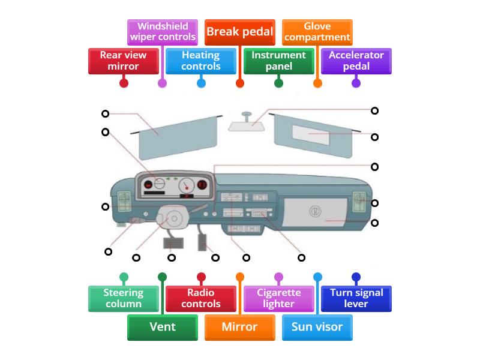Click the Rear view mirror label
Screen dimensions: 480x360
pyautogui.click(x=124, y=61)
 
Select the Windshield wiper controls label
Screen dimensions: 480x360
pyautogui.click(x=163, y=32)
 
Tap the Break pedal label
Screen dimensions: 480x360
pyautogui.click(x=239, y=32)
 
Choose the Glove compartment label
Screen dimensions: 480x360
pyautogui.click(x=317, y=32)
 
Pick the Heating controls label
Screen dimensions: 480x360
pyautogui.click(x=201, y=61)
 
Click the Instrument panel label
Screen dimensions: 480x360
pyautogui.click(x=278, y=61)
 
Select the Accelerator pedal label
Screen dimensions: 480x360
pyautogui.click(x=356, y=61)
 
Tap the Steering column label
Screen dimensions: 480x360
pyautogui.click(x=124, y=298)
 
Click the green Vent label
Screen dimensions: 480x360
pyautogui.click(x=163, y=327)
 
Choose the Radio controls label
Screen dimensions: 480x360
pyautogui.click(x=201, y=298)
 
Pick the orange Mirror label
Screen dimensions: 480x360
pyautogui.click(x=239, y=327)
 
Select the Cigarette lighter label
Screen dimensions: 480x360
pyautogui.click(x=278, y=298)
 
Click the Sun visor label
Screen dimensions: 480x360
pyautogui.click(x=317, y=327)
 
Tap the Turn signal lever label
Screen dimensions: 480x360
pyautogui.click(x=356, y=298)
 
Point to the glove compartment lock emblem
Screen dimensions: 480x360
pyautogui.click(x=315, y=211)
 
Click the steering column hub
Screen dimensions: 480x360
pyautogui.click(x=173, y=218)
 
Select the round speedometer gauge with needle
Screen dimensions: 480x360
pyautogui.click(x=187, y=185)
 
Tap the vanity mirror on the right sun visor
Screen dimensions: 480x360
pyautogui.click(x=311, y=134)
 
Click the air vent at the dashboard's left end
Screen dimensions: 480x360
pyautogui.click(x=124, y=201)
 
